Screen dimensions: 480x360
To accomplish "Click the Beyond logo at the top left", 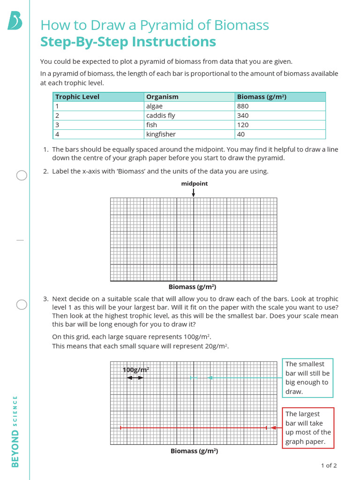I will coord(15,21).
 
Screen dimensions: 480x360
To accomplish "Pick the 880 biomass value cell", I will coord(243,106).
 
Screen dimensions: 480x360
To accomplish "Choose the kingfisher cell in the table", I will coord(161,135).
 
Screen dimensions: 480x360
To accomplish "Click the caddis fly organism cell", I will coord(160,116).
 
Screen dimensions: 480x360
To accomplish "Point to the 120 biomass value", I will coord(243,125).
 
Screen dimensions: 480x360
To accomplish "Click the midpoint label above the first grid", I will coord(194,184).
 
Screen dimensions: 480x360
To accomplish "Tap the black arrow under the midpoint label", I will coord(194,193).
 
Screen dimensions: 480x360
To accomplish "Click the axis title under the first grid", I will coord(192,287).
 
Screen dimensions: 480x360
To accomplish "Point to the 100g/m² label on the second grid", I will coord(136,370).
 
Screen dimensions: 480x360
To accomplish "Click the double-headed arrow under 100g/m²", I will coord(135,378).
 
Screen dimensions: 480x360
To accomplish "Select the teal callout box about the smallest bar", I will coord(307,378).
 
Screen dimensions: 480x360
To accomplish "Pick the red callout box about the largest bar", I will coord(308,428).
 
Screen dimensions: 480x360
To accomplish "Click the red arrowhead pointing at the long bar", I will coord(273,427).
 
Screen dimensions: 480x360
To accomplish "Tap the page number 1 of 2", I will coord(329,465).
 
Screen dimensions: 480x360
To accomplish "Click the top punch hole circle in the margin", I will coord(22,175).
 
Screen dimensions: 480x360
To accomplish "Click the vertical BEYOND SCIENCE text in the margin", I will coord(15,431).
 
